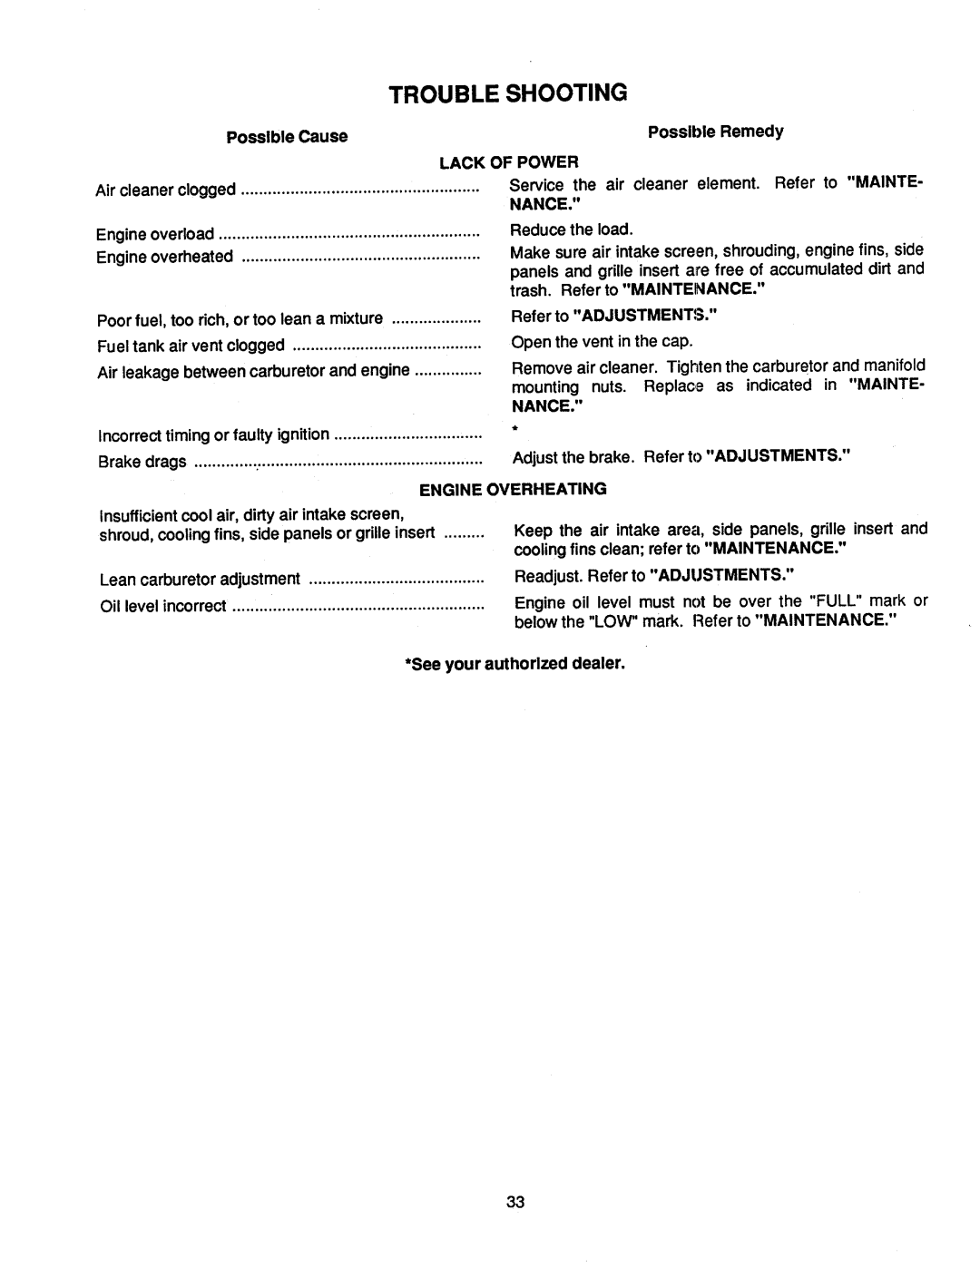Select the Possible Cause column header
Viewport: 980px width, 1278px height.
click(x=287, y=136)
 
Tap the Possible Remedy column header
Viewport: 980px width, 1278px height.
click(x=715, y=132)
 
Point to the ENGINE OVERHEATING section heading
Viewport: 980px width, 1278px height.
click(x=512, y=489)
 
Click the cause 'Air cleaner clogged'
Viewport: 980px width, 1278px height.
click(x=165, y=190)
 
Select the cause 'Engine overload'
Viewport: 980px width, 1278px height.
click(x=155, y=234)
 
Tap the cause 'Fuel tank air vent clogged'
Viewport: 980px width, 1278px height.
click(x=191, y=346)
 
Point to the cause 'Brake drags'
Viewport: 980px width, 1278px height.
click(x=142, y=462)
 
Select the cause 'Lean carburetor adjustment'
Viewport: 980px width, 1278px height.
click(x=200, y=579)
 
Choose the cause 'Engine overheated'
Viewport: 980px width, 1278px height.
click(x=165, y=257)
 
